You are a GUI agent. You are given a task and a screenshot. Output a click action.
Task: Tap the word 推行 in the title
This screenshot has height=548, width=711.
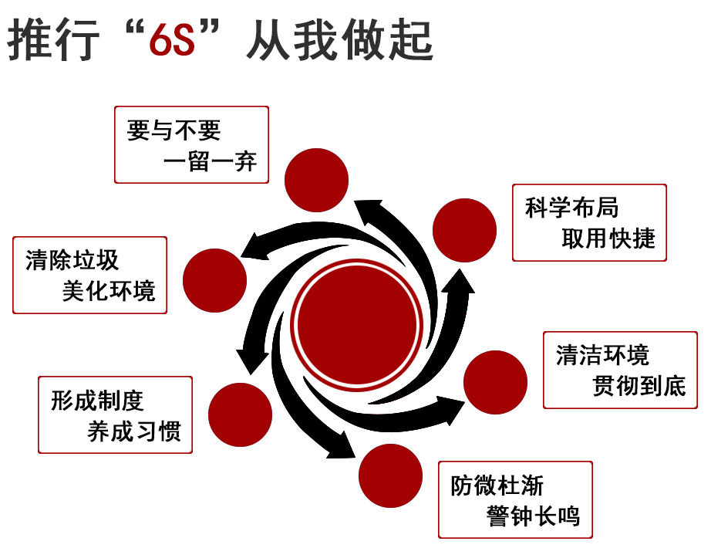53,39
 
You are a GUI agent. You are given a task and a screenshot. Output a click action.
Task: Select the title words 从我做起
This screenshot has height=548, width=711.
340,39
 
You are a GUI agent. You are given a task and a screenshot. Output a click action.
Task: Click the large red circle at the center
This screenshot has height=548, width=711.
357,325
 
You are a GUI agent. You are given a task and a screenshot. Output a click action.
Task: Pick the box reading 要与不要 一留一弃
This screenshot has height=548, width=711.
191,145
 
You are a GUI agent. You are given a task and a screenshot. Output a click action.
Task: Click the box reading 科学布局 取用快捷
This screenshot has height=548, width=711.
589,222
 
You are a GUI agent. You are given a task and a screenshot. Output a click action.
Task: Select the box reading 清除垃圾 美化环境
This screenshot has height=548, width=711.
89,275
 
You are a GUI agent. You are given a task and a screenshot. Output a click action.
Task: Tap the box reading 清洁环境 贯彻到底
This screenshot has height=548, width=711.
620,370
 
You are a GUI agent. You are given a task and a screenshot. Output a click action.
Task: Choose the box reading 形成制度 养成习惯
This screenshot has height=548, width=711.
115,414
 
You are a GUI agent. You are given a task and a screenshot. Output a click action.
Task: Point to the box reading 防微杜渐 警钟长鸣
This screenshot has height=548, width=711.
516,499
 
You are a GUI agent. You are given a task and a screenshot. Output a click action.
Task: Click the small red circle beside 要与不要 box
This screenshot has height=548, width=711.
316,181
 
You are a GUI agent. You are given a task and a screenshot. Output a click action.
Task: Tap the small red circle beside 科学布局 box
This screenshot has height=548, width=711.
464,230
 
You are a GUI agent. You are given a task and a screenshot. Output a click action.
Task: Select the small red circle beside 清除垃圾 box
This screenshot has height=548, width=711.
215,281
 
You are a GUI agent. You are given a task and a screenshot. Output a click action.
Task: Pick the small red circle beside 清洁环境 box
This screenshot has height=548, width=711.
495,382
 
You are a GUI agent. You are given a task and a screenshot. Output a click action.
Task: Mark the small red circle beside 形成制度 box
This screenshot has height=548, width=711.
241,414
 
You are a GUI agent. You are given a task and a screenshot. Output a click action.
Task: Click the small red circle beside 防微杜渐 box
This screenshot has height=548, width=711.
390,475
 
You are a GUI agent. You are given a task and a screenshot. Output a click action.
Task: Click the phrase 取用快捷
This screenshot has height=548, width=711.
608,238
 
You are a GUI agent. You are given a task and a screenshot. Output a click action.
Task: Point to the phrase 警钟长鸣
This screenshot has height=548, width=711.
534,516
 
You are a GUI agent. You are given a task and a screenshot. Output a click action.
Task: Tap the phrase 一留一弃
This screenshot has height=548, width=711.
210,161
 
